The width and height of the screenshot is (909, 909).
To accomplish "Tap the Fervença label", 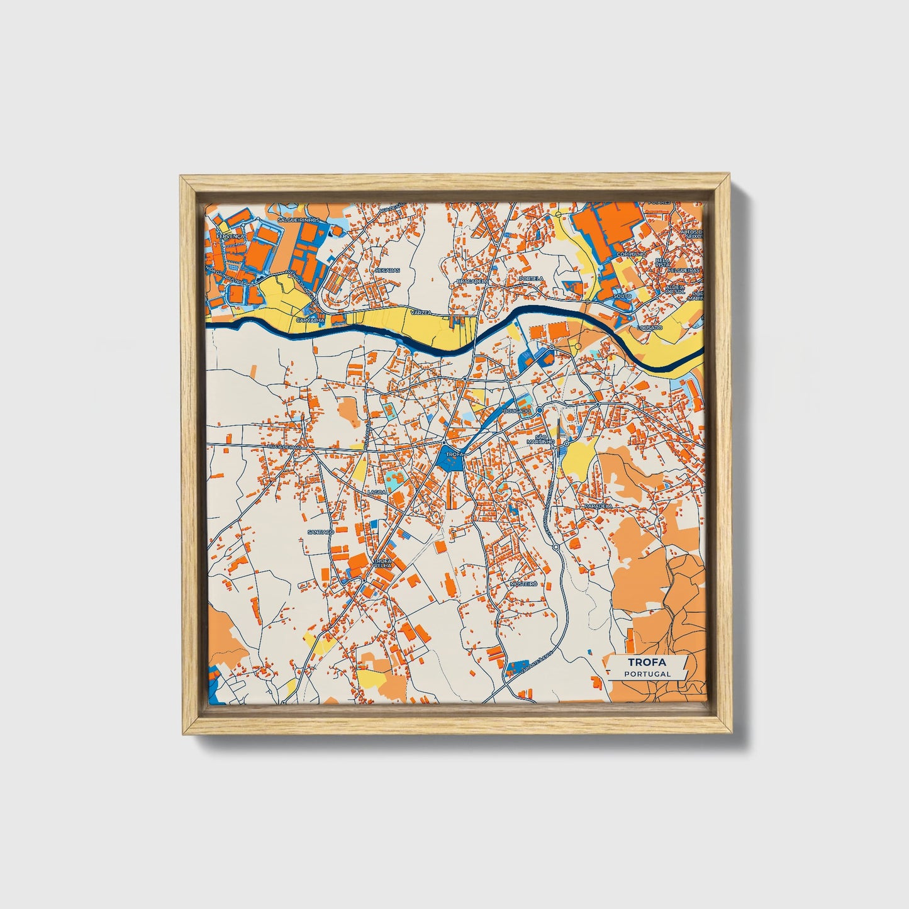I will point(225,236).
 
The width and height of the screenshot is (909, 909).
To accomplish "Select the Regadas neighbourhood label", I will point(387,270).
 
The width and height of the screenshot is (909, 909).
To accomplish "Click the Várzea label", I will point(420,312).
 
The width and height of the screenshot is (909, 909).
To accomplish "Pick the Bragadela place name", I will point(472,281).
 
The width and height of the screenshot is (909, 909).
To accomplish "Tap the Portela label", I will point(532,279).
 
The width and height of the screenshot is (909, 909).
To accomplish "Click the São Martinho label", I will point(543,439).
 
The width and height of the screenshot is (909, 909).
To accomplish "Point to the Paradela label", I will point(598,506).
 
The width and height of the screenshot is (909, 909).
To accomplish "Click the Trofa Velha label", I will point(383,563).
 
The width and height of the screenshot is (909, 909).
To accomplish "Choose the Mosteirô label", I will point(523,584).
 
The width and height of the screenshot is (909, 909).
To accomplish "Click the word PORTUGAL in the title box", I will point(647,674).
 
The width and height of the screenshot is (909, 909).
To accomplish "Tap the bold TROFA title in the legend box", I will point(647,662).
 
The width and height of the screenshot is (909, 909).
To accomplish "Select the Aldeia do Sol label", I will point(675,289).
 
